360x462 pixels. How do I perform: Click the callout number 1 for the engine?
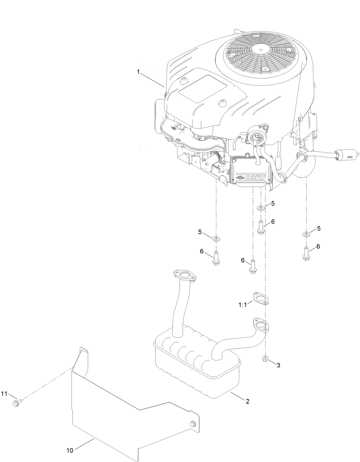click(138, 72)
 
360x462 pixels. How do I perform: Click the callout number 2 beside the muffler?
click(248, 402)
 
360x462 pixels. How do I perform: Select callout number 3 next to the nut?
click(278, 365)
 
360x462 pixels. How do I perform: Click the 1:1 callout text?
click(243, 305)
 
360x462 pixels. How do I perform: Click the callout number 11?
click(4, 394)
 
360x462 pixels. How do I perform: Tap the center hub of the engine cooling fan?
click(260, 50)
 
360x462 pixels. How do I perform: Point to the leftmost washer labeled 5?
click(216, 238)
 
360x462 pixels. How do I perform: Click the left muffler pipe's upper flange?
click(185, 275)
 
